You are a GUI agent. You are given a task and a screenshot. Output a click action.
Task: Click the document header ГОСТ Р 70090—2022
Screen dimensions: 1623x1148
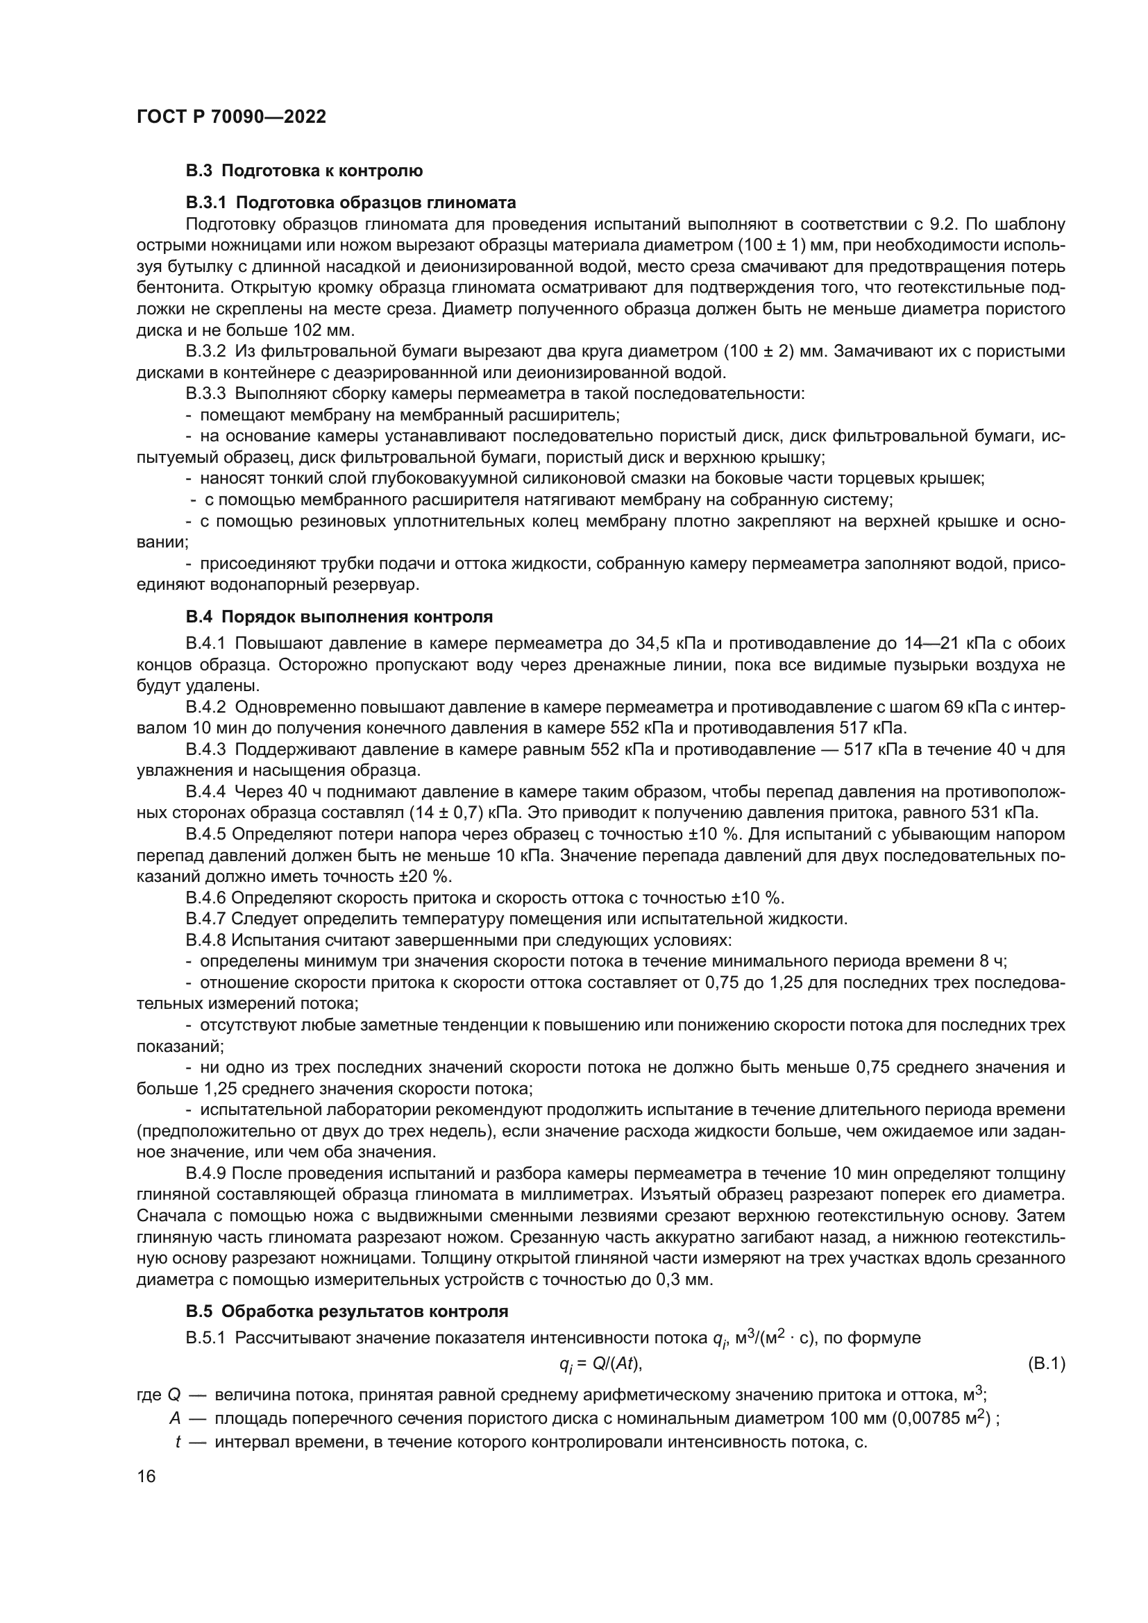[x=231, y=117]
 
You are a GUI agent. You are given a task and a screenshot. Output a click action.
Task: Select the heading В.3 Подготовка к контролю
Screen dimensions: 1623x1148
[x=304, y=171]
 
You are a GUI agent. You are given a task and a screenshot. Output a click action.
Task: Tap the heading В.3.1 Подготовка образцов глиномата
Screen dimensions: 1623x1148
[x=351, y=203]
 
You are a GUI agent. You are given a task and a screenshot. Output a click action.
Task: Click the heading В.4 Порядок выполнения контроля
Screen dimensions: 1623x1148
[x=339, y=616]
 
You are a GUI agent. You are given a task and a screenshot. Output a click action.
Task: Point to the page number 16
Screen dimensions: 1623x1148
[x=146, y=1476]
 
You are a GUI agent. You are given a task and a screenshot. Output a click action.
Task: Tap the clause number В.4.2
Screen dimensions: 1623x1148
[x=205, y=707]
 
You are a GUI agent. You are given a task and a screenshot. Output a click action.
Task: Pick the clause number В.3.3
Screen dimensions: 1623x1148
[x=205, y=393]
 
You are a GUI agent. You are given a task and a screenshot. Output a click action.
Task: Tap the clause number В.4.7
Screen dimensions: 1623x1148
[x=205, y=919]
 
